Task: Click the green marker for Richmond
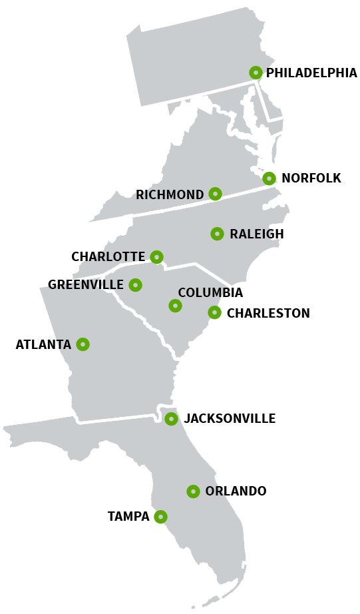pos(215,194)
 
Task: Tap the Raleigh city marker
pos(217,234)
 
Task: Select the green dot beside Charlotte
pos(156,257)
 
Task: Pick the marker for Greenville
pos(135,285)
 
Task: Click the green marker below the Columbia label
pos(175,306)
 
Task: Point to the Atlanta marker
pos(83,344)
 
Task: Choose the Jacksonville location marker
pos(171,419)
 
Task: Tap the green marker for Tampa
pos(160,517)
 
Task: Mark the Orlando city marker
pos(193,491)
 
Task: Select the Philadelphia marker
pos(256,73)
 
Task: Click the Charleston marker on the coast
pos(214,312)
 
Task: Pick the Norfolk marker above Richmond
pos(269,178)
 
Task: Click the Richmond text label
pos(170,195)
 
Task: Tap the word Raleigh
pos(256,234)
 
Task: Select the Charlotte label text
pos(108,257)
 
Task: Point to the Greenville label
pos(86,285)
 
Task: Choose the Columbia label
pos(210,293)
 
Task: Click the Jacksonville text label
pos(230,419)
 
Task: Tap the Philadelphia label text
pos(311,73)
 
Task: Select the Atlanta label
pos(43,345)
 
